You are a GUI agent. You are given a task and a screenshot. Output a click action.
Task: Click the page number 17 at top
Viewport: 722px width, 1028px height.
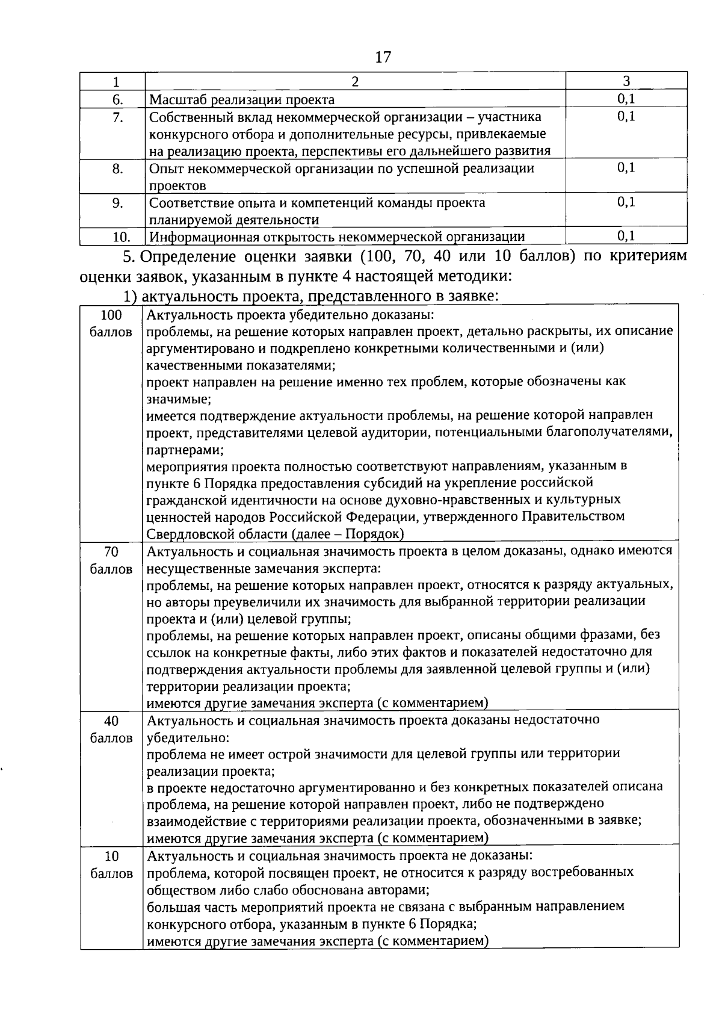383,57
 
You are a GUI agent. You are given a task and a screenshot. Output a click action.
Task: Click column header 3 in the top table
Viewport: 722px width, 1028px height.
626,81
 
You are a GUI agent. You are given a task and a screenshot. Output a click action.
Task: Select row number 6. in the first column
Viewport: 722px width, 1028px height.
117,99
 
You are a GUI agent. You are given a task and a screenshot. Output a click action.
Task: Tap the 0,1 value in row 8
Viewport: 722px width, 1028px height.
626,168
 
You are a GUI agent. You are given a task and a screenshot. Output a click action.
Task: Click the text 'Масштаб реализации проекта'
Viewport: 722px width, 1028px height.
242,99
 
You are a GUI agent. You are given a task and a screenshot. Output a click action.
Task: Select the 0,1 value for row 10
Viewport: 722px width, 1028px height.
626,235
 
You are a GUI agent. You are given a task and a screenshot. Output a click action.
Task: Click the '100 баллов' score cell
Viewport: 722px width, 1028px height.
111,323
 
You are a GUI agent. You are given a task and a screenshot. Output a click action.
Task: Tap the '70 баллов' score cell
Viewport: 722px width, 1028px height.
111,560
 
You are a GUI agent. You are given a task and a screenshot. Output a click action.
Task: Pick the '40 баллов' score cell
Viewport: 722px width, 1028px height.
111,729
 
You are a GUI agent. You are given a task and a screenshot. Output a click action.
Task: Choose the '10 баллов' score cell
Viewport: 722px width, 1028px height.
111,864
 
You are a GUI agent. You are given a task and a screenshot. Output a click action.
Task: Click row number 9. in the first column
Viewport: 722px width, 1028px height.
117,203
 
